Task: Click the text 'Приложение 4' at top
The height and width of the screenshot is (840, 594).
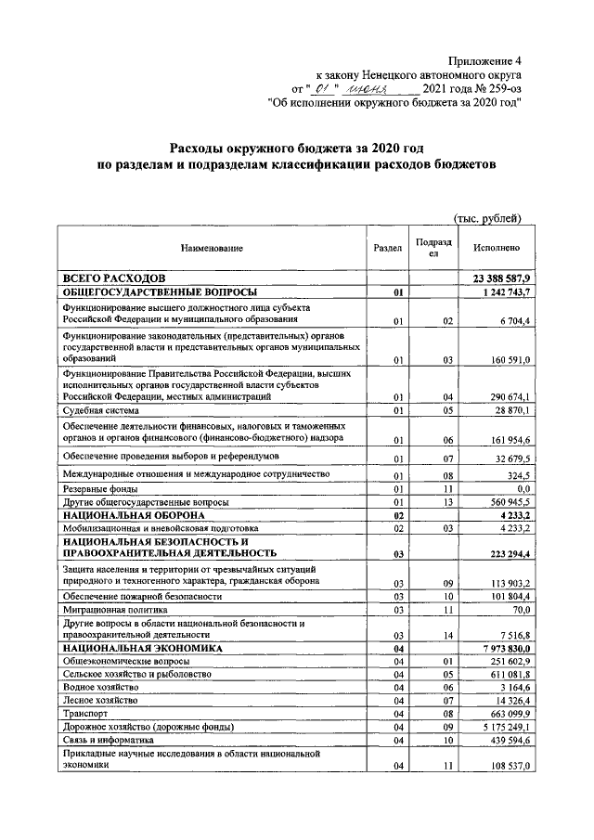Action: (484, 59)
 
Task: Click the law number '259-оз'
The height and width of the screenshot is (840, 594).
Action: (501, 89)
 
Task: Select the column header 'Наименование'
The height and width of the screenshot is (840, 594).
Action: (212, 249)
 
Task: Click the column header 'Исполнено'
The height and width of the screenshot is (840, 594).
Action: (496, 249)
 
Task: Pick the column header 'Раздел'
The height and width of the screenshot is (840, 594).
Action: (387, 249)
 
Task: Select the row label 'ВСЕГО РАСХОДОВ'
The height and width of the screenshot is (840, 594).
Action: (113, 278)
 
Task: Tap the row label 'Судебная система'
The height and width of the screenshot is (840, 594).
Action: (101, 409)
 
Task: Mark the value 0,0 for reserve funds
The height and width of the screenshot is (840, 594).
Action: (523, 488)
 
